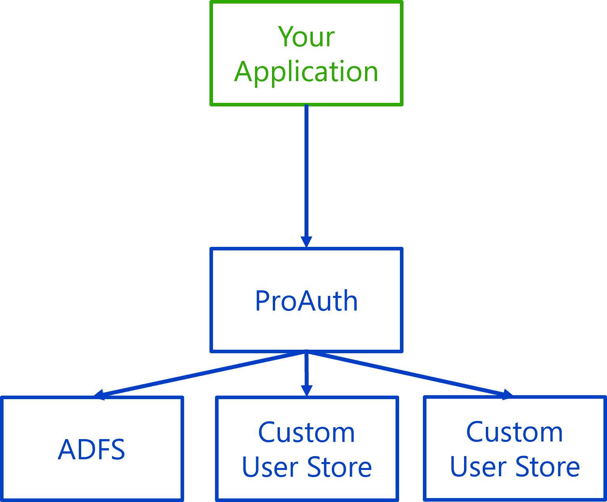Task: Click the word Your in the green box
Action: pos(306,37)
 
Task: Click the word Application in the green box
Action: pos(306,72)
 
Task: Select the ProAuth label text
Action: pos(306,301)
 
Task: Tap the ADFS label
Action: pos(91,450)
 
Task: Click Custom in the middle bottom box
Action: pos(306,432)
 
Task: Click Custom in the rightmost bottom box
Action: pos(514,432)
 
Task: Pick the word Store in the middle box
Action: pos(339,467)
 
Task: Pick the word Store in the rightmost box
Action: pos(548,467)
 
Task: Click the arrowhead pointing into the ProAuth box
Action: pos(306,241)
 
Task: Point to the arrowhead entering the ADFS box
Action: pos(99,394)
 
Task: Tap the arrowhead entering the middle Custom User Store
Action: pos(306,390)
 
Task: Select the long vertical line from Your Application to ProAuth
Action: pos(306,170)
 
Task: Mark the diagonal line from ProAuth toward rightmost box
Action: pos(408,374)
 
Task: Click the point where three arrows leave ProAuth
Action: pos(306,353)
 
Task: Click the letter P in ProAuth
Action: pos(262,301)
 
